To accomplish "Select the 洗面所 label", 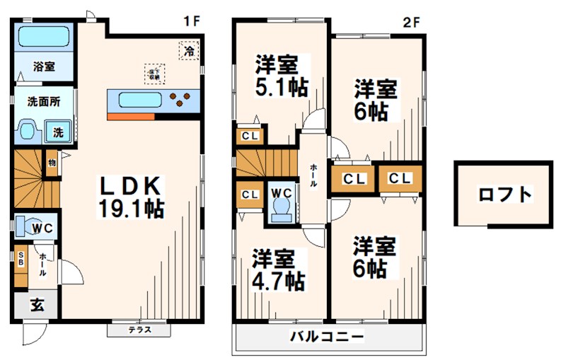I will coord(43,101).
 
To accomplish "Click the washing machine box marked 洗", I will coord(57,132).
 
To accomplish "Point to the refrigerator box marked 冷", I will coord(188,51).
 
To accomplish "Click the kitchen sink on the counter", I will coord(141,100).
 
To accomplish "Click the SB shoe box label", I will coord(21,258).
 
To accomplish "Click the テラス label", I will coord(139,330).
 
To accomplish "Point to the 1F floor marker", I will coord(191,21).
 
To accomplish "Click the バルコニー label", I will coord(327,336).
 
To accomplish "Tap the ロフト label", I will coord(504,194).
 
